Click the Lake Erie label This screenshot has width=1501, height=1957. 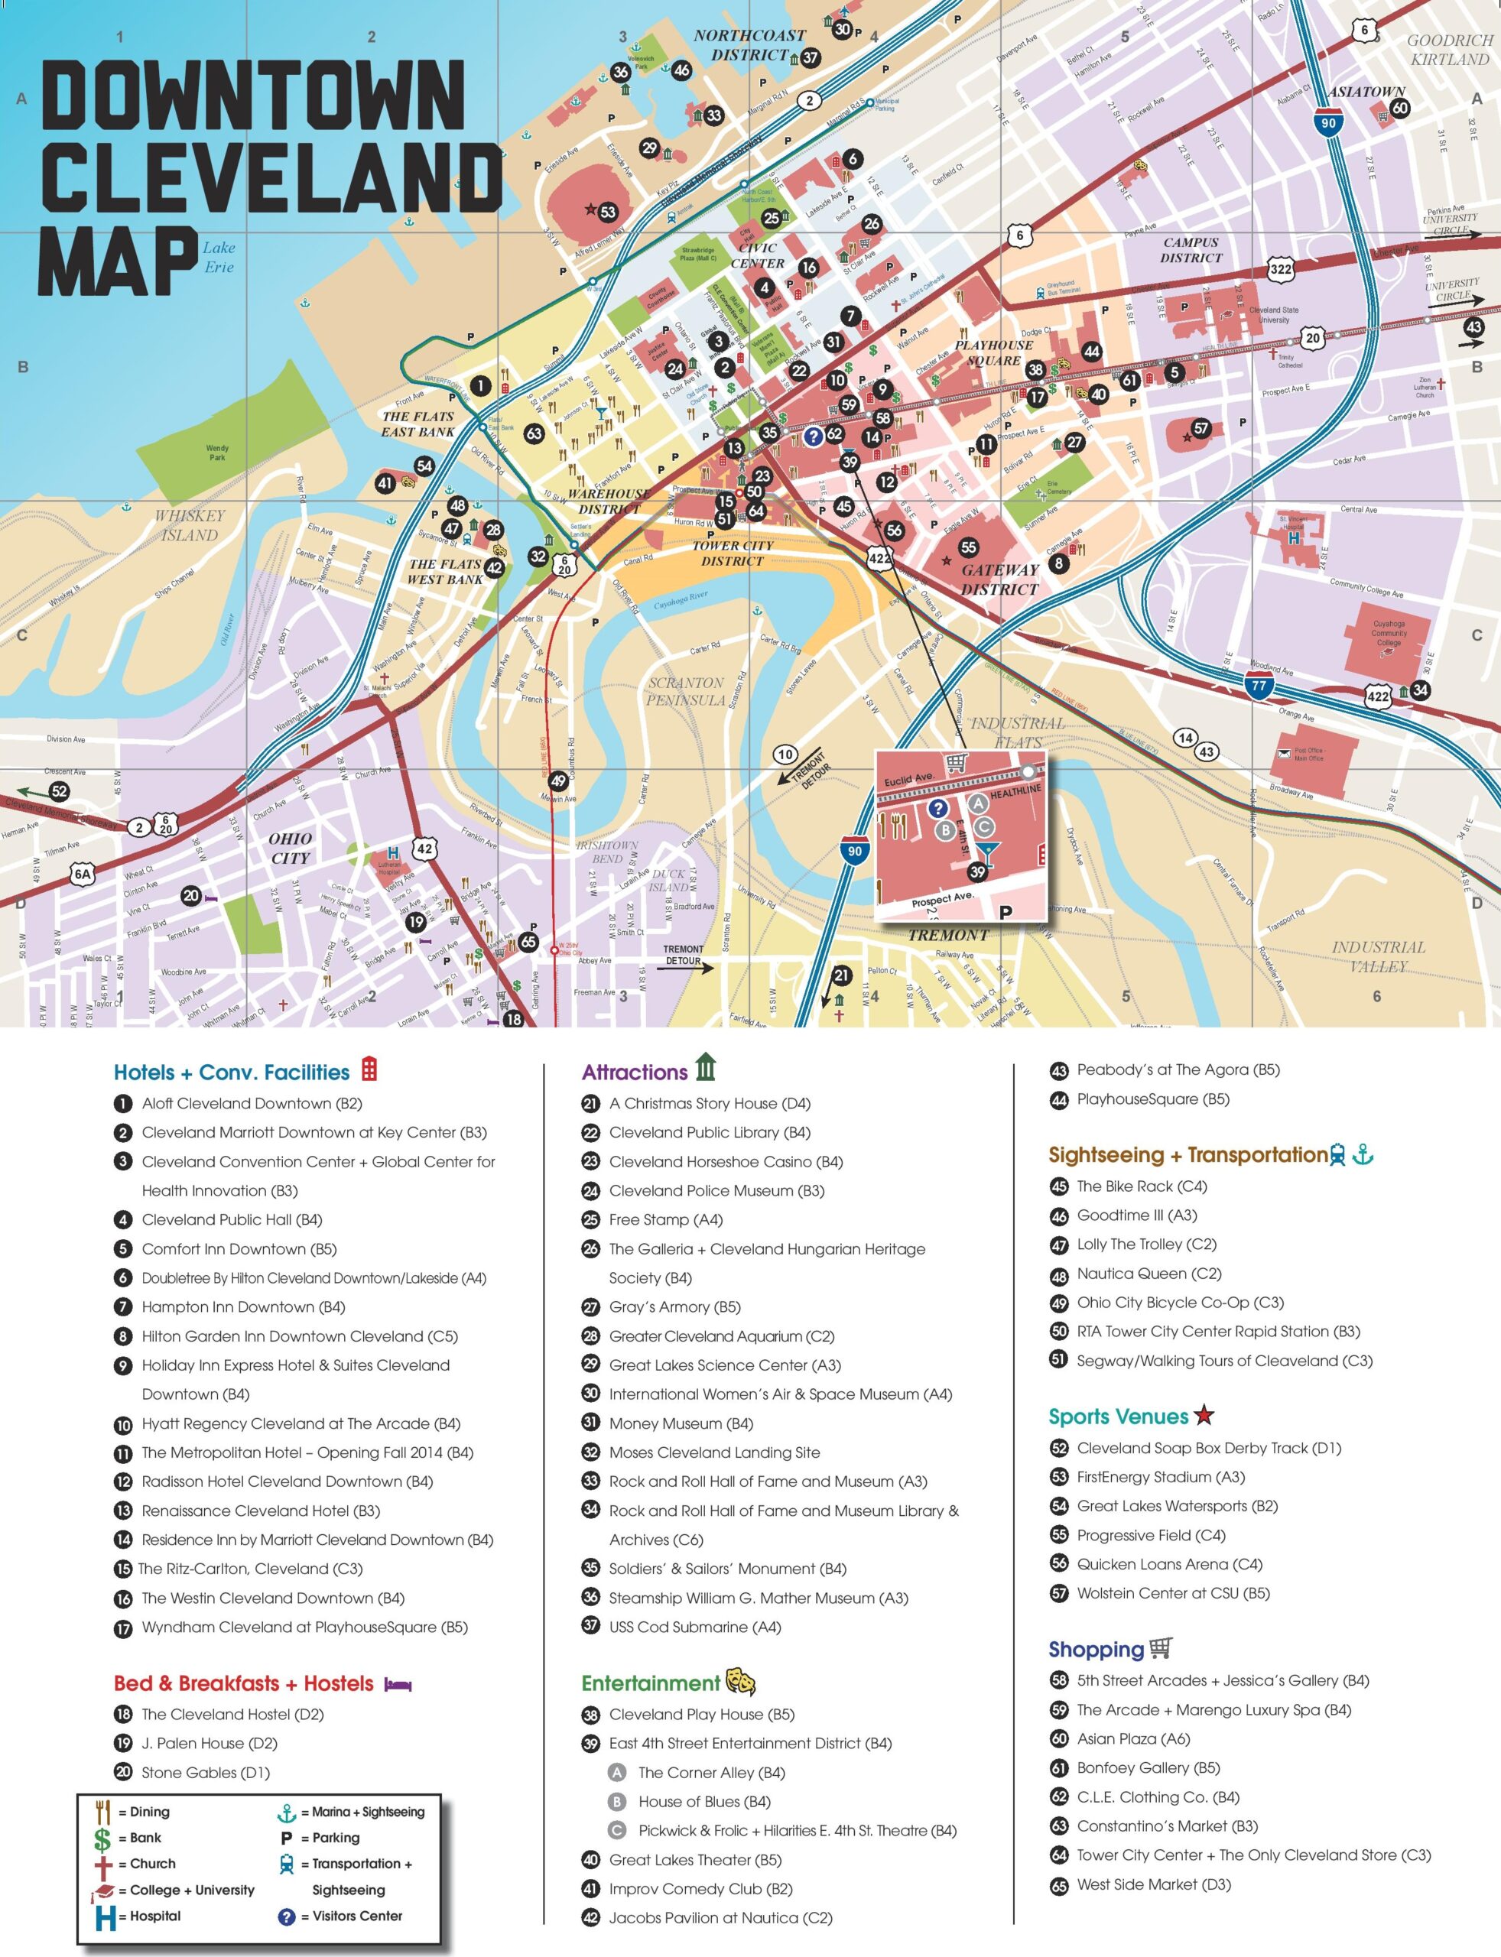coord(219,258)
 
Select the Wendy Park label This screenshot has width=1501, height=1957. coord(217,453)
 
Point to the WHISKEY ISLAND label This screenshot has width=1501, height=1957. coord(189,525)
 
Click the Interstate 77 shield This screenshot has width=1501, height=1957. coord(1259,686)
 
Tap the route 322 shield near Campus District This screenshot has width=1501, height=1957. coord(1280,269)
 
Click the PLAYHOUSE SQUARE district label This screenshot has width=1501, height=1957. coord(993,353)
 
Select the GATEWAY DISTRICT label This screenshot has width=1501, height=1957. coord(999,579)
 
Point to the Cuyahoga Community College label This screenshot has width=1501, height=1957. coord(1389,633)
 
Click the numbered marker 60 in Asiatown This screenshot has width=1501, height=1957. coord(1400,108)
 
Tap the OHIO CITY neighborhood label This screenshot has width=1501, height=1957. coord(291,849)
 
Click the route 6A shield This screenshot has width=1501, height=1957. coord(82,874)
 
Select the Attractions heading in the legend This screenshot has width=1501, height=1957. coord(635,1072)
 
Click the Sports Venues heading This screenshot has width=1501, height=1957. coord(1118,1417)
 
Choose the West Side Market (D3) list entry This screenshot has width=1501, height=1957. coord(1153,1884)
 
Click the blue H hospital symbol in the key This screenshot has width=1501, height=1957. coord(106,1916)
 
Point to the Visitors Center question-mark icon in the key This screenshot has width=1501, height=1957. coord(287,1916)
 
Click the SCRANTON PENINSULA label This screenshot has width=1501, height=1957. coord(685,691)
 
